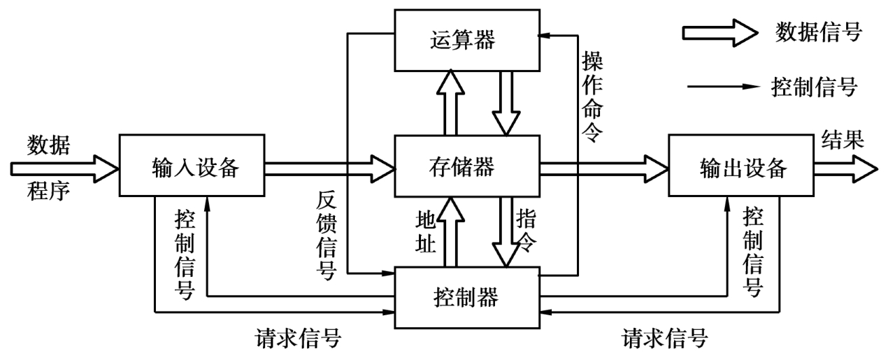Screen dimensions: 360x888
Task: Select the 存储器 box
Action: (466, 166)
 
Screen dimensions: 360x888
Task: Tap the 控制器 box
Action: (466, 296)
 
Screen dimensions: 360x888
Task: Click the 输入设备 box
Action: (192, 166)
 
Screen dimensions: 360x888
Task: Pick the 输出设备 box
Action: (740, 166)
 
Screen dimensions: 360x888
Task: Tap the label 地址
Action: (427, 230)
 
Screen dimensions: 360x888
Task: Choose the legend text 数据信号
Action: (818, 32)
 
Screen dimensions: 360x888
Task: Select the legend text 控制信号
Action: (814, 88)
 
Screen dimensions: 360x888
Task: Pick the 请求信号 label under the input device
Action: (297, 340)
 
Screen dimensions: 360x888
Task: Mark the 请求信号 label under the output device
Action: (664, 340)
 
